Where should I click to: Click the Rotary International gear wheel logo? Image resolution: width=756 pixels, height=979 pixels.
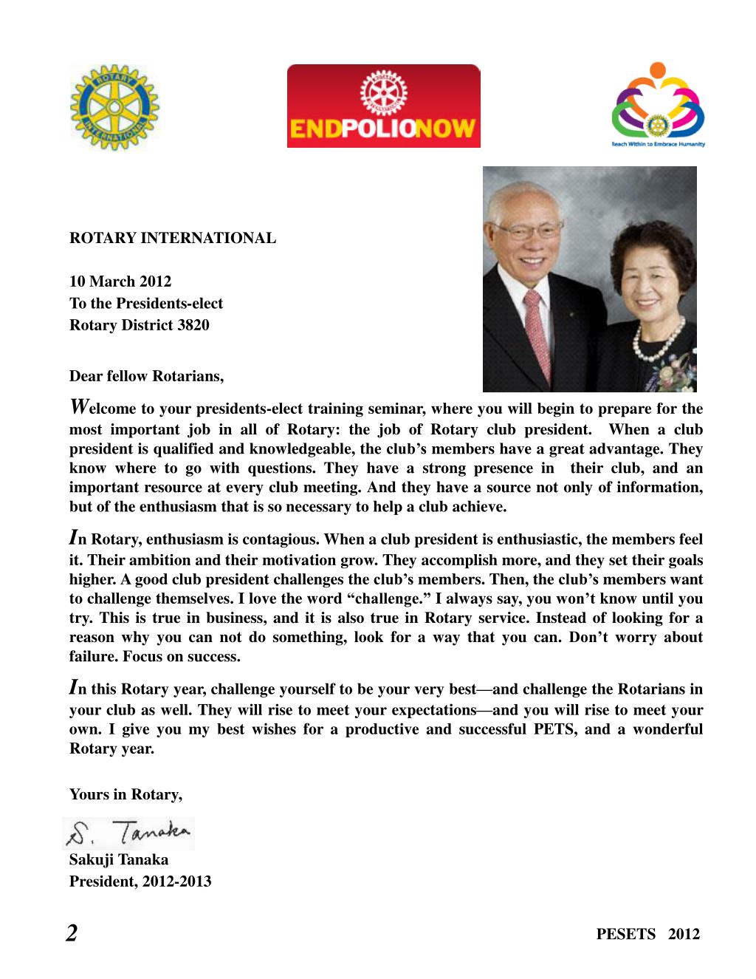click(114, 107)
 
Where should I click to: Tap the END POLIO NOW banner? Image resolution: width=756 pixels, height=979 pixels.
click(383, 106)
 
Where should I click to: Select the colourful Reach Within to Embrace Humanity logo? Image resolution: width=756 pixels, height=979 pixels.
click(658, 104)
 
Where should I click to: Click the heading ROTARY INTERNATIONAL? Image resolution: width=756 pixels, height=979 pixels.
click(173, 238)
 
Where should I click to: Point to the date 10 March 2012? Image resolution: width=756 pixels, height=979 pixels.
click(120, 282)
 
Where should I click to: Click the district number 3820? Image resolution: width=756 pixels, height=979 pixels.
click(193, 325)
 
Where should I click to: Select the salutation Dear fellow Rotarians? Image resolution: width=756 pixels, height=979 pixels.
click(146, 376)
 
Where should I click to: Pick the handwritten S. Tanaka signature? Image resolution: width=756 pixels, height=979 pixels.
click(130, 833)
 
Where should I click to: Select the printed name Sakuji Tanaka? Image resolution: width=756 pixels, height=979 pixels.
click(119, 859)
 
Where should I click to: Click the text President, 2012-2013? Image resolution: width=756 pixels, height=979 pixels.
click(140, 881)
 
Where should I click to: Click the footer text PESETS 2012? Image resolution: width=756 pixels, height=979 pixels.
click(647, 934)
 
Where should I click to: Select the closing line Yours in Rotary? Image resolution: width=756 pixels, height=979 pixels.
click(126, 794)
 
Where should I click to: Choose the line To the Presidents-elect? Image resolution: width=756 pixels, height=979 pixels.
click(145, 303)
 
